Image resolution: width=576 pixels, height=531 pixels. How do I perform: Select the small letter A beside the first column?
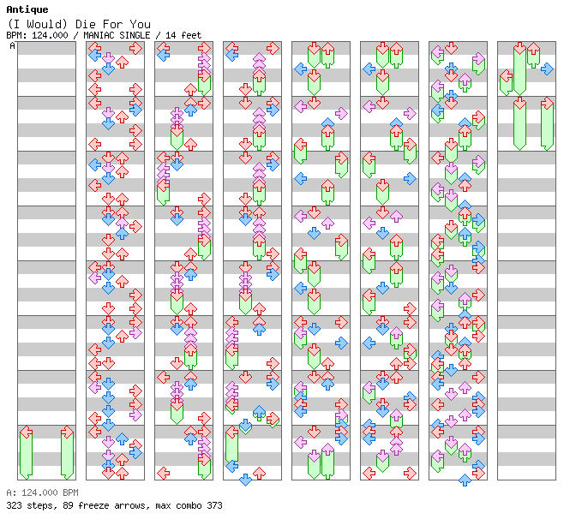(12, 45)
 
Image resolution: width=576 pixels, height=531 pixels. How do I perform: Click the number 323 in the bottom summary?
(14, 505)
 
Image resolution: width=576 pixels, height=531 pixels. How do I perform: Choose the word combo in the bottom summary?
(190, 505)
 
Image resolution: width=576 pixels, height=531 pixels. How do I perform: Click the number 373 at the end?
(214, 505)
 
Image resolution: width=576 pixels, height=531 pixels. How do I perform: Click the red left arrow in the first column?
(26, 433)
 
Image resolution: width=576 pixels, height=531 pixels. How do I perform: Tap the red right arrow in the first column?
(67, 433)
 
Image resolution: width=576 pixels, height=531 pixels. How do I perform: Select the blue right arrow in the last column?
(547, 69)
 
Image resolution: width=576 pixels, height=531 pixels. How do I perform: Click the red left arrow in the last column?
(506, 50)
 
